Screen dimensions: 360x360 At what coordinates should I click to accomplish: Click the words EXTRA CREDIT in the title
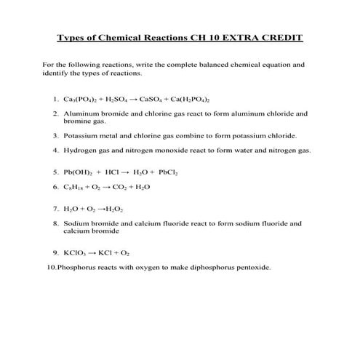pyautogui.click(x=265, y=37)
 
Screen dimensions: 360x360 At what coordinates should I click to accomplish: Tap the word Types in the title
pyautogui.click(x=73, y=37)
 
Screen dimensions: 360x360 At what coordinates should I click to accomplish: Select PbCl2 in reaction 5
pyautogui.click(x=168, y=173)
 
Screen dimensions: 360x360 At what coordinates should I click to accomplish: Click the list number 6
pyautogui.click(x=55, y=187)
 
